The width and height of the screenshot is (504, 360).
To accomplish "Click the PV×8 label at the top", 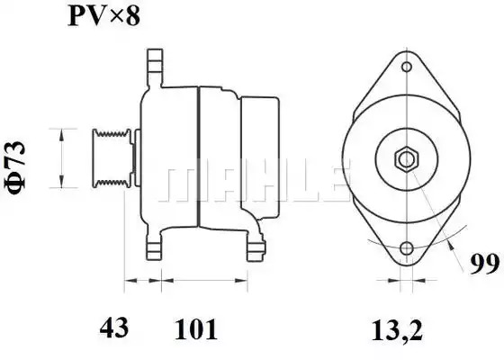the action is click(x=104, y=16).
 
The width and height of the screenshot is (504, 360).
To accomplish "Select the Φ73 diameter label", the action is click(x=15, y=168).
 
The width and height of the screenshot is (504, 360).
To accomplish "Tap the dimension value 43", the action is click(x=114, y=328).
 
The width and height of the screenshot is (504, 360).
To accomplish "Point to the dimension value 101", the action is click(x=196, y=328).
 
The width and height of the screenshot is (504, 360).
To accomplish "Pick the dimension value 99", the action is click(x=484, y=265).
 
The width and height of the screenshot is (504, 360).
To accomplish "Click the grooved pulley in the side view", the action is click(x=112, y=157).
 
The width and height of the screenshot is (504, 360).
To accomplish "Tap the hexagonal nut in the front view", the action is click(x=407, y=158).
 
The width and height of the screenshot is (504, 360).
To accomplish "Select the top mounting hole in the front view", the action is click(x=407, y=67).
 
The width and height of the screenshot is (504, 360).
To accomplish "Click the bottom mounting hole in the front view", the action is click(x=407, y=248).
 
